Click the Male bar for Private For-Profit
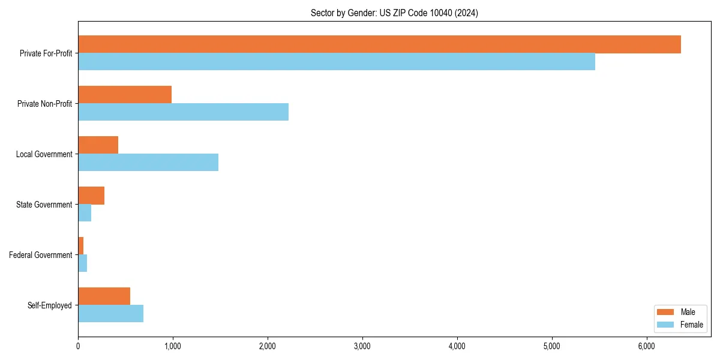379,44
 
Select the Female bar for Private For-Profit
336,62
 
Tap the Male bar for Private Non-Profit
125,95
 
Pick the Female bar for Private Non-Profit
183,112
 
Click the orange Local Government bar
98,145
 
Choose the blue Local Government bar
148,163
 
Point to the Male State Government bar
91,196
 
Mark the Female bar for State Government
85,213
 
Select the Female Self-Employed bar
110,314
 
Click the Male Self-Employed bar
104,296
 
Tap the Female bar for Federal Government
82,263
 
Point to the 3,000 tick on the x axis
362,346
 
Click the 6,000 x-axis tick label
646,346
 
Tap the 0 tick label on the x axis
78,346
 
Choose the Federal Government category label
41,255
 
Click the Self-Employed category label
50,305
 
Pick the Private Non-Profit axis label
44,104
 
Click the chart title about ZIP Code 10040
394,13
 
